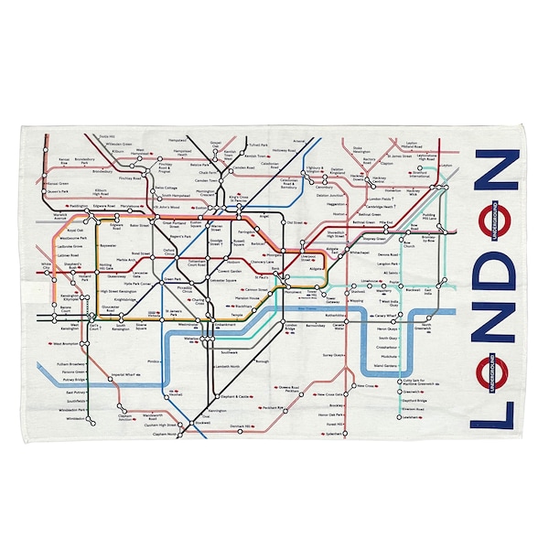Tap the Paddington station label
pos(79,207)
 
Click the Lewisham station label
pos(412,417)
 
